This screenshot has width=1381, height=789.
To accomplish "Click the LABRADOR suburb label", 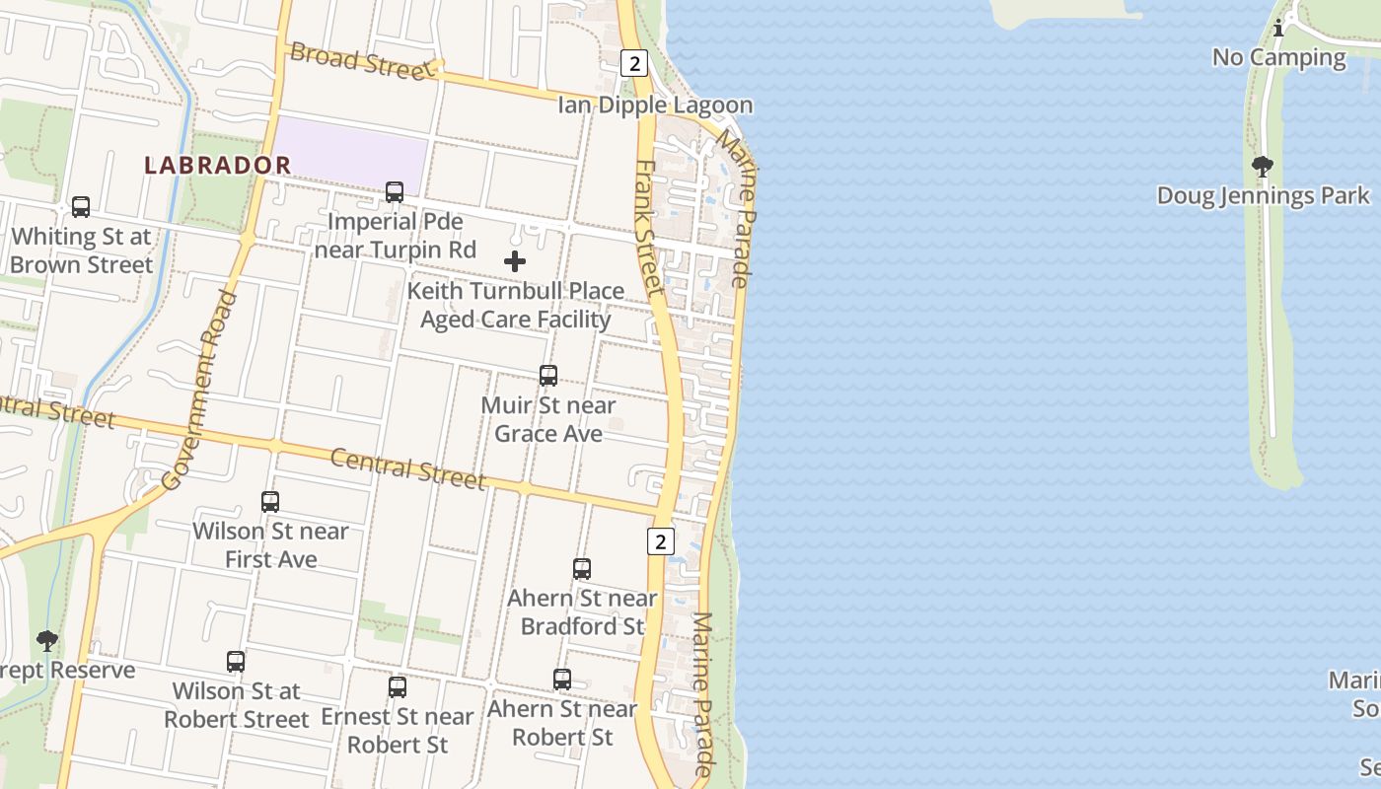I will (x=218, y=165).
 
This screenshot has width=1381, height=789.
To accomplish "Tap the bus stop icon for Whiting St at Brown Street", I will (x=81, y=207).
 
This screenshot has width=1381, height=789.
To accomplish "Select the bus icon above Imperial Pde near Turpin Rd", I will (x=395, y=192).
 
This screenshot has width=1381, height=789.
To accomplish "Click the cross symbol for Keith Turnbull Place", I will (x=515, y=261).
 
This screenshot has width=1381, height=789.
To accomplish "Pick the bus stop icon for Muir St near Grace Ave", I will (x=548, y=376).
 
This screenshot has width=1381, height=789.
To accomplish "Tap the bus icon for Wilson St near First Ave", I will (x=270, y=502).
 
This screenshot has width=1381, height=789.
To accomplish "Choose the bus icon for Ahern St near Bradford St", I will (x=582, y=569).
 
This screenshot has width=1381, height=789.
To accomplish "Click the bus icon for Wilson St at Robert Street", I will (x=236, y=662).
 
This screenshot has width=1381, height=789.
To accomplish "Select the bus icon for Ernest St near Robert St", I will (x=398, y=687).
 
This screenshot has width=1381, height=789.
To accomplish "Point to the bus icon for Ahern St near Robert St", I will (x=562, y=680).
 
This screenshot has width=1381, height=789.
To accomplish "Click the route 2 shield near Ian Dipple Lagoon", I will (x=633, y=64).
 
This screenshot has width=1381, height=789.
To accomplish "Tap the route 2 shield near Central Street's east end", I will (x=660, y=540).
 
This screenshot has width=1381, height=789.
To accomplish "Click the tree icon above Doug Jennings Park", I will (x=1263, y=167).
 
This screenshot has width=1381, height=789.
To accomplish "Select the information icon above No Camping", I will (x=1278, y=29).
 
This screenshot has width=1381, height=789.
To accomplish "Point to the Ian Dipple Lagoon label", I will (x=655, y=106).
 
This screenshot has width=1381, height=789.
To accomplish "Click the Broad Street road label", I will (x=361, y=61).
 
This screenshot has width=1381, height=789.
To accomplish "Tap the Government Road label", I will (x=200, y=390).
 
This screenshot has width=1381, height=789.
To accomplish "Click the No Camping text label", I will (x=1278, y=57).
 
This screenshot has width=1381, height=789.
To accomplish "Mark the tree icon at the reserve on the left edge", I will (x=46, y=642).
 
